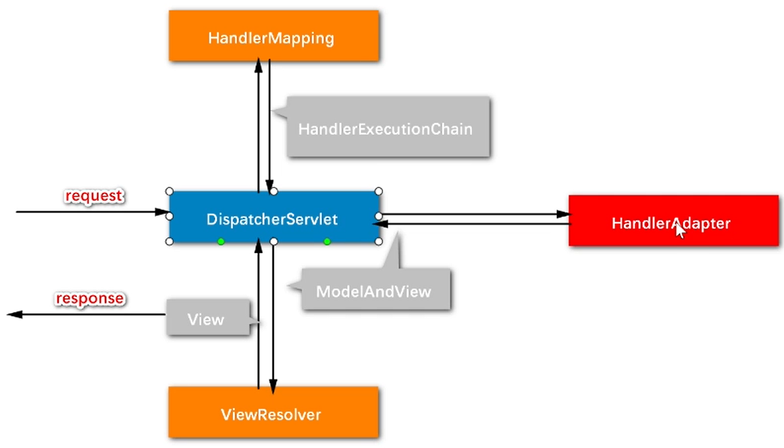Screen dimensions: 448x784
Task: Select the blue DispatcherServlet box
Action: coord(273,218)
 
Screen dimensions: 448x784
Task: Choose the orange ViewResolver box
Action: coord(273,413)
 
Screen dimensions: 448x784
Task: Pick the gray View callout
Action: coord(207,319)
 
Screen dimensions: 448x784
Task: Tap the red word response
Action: coord(90,298)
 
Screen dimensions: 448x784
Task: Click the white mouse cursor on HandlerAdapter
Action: coord(680,231)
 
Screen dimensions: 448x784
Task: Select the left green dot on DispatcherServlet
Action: coord(221,242)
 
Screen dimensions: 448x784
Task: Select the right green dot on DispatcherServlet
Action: coord(327,242)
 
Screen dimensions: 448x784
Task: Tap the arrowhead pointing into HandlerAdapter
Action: coord(563,214)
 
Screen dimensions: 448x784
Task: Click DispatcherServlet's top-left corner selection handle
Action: coord(169,191)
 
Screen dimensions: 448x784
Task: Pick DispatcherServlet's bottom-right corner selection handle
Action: coord(379,242)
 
